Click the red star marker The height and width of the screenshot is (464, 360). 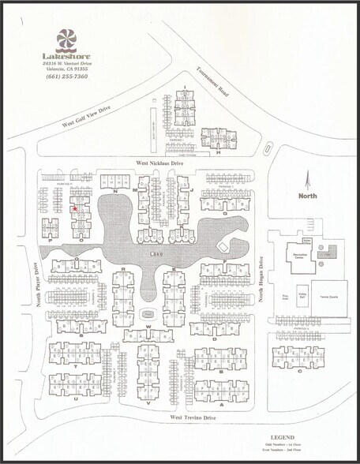[74, 209]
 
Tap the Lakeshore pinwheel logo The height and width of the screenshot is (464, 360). [66, 40]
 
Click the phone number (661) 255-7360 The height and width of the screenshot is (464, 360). [67, 76]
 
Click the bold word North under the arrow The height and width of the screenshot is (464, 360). [307, 195]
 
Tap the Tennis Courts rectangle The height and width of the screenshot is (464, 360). [329, 297]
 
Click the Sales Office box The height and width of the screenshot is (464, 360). [307, 240]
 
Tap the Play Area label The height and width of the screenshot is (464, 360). [285, 297]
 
